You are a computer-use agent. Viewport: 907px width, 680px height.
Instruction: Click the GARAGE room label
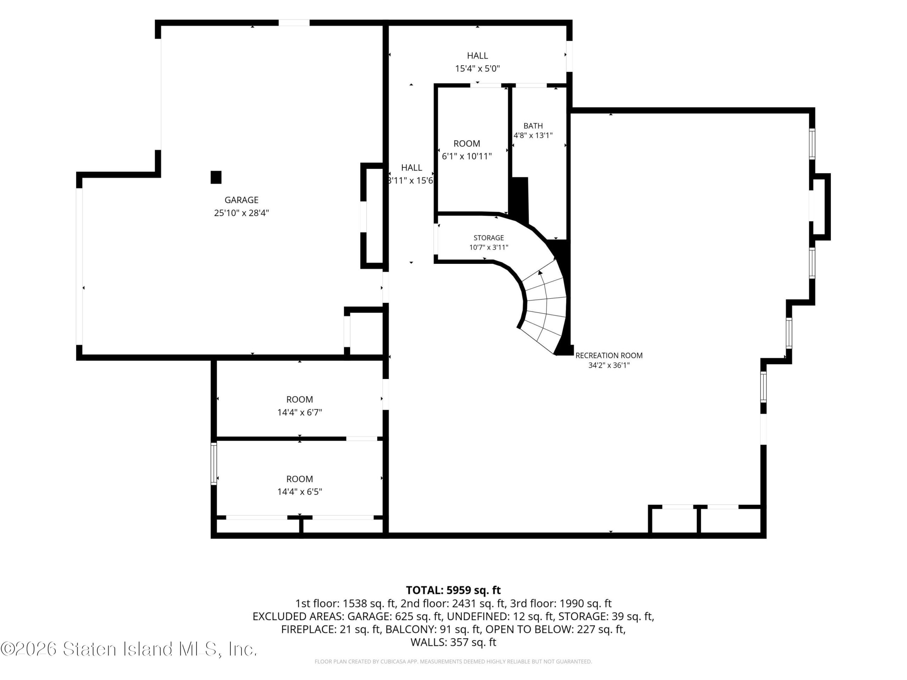click(242, 200)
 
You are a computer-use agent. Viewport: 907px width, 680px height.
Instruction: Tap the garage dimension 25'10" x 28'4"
click(242, 213)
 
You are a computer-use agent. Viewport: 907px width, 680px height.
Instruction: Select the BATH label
click(533, 126)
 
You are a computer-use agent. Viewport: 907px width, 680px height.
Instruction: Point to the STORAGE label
click(489, 238)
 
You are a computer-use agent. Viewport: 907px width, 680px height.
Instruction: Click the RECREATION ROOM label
click(609, 355)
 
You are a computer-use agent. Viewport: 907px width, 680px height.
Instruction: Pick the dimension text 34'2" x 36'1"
click(609, 365)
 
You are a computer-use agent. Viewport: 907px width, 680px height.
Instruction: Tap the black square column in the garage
click(216, 177)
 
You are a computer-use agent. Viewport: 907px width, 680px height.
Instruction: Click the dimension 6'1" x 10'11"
click(467, 156)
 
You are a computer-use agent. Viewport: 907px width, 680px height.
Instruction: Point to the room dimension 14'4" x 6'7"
click(300, 412)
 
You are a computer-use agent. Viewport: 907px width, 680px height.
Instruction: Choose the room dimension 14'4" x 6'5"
click(300, 492)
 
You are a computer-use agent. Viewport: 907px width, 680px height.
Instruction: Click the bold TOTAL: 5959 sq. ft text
click(453, 590)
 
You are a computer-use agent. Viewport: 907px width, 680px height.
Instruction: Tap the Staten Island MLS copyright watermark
click(129, 649)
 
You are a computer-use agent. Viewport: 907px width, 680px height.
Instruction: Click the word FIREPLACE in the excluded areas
click(307, 629)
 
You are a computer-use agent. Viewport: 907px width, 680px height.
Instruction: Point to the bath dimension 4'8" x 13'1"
click(533, 136)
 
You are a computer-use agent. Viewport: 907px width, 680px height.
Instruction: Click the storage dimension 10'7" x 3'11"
click(489, 247)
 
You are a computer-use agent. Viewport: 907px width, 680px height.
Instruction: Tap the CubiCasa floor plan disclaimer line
click(453, 662)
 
